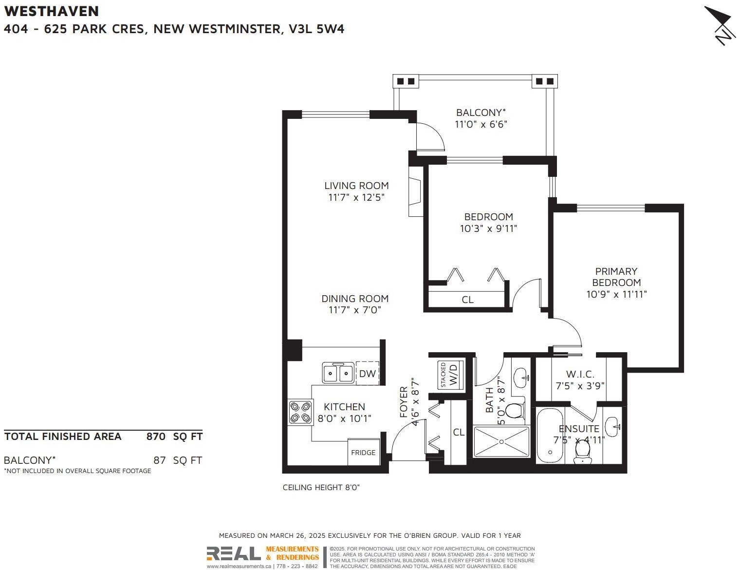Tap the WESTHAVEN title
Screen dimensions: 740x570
coord(52,11)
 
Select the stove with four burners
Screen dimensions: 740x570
coord(300,412)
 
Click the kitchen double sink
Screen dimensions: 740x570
coord(338,373)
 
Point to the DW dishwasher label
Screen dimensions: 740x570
coord(367,374)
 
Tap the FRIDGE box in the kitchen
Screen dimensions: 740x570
coord(363,452)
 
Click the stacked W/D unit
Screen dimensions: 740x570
coord(450,375)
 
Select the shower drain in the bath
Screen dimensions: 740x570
coord(501,442)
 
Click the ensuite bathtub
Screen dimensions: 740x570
coord(550,436)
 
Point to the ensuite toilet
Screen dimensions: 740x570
coord(582,453)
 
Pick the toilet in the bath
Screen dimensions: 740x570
coord(515,411)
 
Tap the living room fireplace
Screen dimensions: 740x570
coord(415,191)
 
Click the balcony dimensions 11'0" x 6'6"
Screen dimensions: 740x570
coord(481,124)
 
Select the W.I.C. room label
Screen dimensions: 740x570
coord(580,374)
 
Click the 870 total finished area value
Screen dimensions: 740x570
coord(156,437)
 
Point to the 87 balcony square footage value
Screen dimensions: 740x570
coord(159,460)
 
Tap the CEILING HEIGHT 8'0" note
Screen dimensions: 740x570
coord(321,487)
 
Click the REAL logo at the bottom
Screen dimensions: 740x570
coord(234,553)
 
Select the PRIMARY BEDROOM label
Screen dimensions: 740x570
coord(616,277)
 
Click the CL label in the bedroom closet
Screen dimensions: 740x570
coord(467,300)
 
